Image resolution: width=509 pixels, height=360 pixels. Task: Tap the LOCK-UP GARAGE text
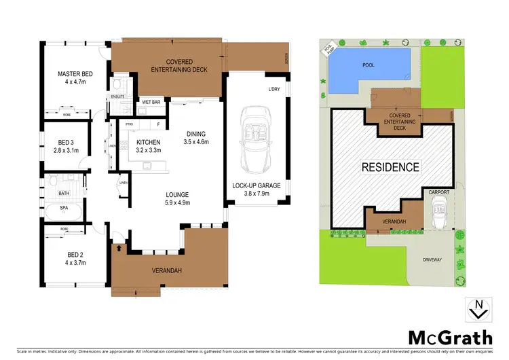[x=254, y=185]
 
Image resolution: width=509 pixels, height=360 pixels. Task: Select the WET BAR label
[x=151, y=102]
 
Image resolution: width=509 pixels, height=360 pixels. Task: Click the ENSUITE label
[x=117, y=96]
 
